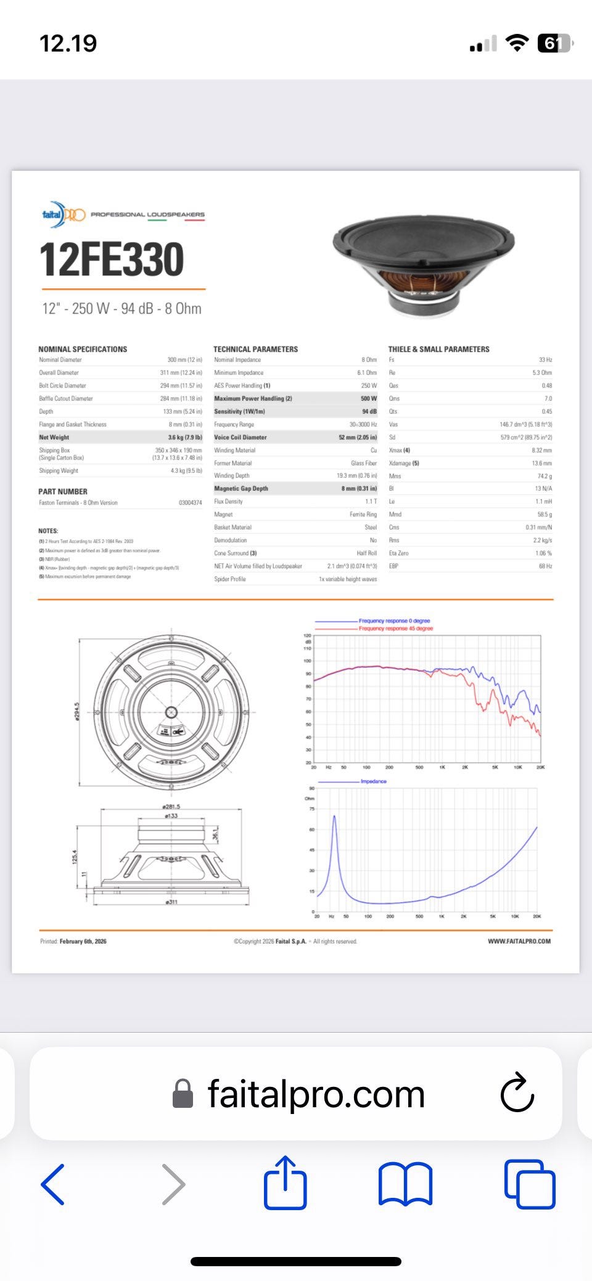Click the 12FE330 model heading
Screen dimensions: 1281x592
(112, 259)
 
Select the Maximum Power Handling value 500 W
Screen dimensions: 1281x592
(369, 399)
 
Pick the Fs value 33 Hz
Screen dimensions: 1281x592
(545, 360)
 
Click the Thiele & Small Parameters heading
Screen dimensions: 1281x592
(438, 349)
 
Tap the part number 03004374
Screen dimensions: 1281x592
(190, 503)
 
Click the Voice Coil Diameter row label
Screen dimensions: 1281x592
(240, 437)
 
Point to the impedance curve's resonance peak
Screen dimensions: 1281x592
(334, 816)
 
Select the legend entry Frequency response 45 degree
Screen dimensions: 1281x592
(395, 628)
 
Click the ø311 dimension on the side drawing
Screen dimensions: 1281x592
(171, 902)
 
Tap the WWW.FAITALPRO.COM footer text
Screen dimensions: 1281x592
(519, 941)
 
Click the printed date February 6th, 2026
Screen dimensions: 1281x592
(83, 941)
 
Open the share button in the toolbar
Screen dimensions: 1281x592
(286, 1183)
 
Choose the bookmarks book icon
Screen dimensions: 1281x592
(405, 1183)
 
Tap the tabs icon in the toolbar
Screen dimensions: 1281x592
(530, 1183)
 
